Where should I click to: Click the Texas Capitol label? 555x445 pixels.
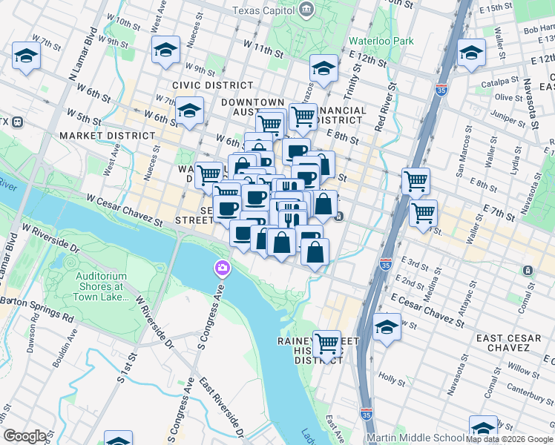263,10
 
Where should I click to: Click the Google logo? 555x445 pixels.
24,436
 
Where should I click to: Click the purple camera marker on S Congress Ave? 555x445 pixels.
221,268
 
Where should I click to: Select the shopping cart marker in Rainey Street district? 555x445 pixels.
326,343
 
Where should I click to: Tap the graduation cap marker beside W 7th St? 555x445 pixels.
27,56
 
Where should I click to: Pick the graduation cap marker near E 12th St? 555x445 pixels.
471,53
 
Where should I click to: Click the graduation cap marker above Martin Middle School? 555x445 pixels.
483,428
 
